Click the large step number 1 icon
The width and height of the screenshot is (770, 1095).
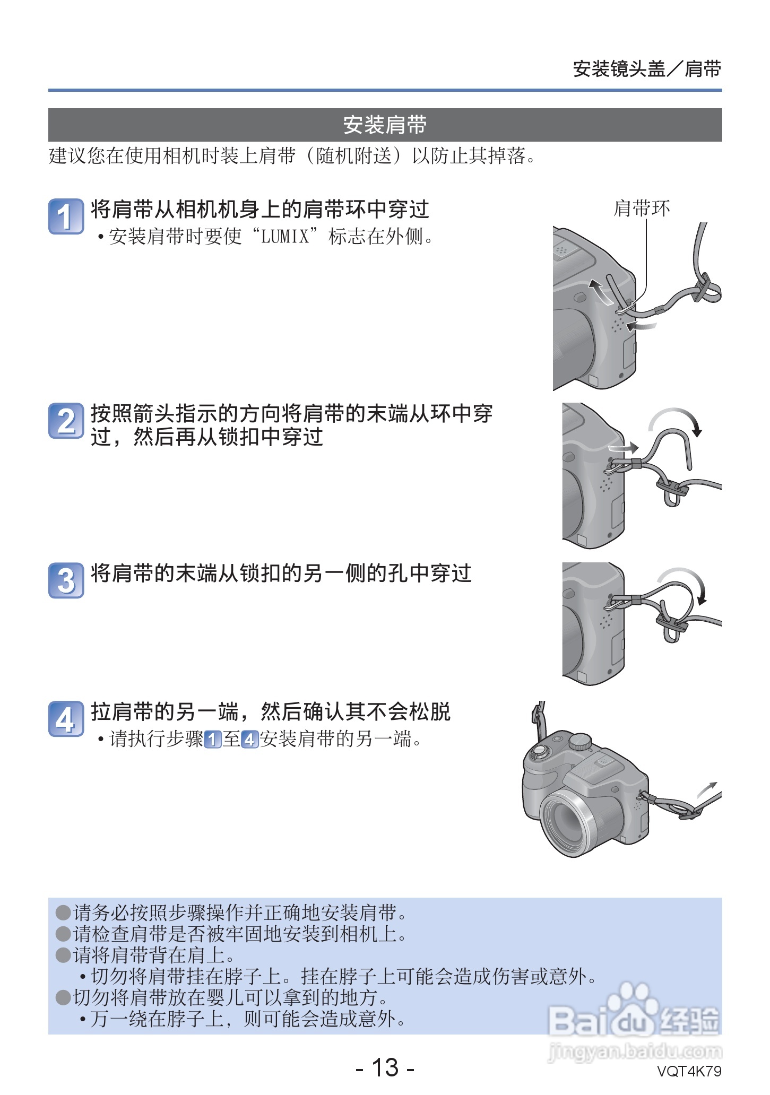[x=66, y=216]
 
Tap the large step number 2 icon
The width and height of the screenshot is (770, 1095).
[x=66, y=421]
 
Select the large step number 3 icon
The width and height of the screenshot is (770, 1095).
[x=66, y=580]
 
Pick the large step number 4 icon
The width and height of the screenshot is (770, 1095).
[x=66, y=719]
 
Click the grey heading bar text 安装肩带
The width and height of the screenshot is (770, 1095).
[x=385, y=125]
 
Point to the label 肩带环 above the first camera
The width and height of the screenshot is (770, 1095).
[x=642, y=208]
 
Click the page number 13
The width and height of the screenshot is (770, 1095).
[x=385, y=1067]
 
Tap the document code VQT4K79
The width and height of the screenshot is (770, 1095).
[x=689, y=1071]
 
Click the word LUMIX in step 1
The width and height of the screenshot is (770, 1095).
[x=285, y=236]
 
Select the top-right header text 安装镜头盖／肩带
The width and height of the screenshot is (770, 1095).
[x=647, y=69]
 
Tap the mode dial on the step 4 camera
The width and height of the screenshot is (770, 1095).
[x=580, y=741]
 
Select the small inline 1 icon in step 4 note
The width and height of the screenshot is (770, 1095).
[x=212, y=739]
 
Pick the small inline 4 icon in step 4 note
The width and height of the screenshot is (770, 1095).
[x=249, y=739]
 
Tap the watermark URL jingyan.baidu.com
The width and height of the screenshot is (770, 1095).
[x=634, y=1050]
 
